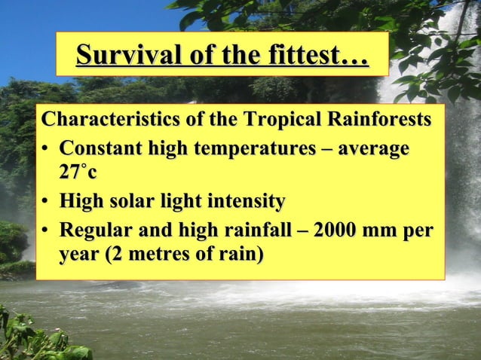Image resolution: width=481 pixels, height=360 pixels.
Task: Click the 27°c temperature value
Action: click(x=78, y=172)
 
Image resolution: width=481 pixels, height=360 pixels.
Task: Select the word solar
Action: click(x=129, y=201)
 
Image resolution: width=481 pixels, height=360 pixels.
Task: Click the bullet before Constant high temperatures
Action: click(x=47, y=148)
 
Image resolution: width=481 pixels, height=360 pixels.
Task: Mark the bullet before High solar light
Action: click(x=47, y=202)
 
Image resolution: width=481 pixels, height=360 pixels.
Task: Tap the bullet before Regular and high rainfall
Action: click(x=47, y=230)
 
